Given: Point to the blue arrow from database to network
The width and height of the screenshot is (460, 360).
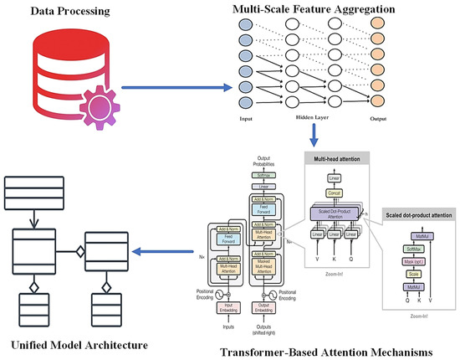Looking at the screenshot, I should click(x=176, y=86).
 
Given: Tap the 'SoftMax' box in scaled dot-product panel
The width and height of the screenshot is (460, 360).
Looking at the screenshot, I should click(x=411, y=249).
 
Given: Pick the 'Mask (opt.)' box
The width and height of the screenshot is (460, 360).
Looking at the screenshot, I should click(x=411, y=261).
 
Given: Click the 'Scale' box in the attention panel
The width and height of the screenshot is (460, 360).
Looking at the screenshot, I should click(x=411, y=274).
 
